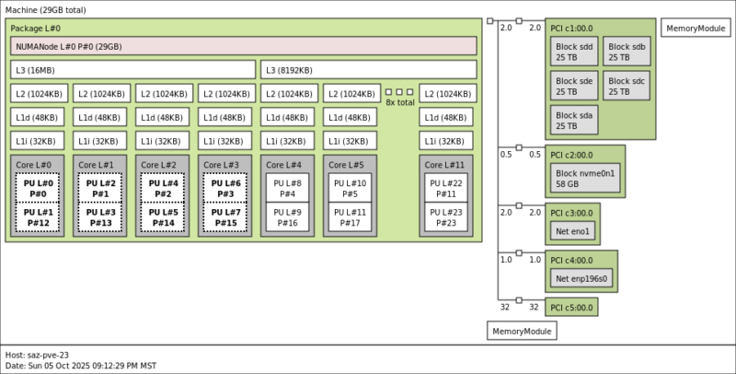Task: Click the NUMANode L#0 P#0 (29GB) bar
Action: (x=244, y=46)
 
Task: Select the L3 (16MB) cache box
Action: (x=133, y=70)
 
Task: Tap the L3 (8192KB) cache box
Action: (x=369, y=70)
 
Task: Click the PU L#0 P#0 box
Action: (x=37, y=188)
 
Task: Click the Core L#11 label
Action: (x=444, y=165)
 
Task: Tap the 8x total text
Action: (x=399, y=102)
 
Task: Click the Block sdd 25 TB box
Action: (x=574, y=52)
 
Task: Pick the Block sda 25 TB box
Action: (x=574, y=120)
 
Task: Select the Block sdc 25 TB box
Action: (x=627, y=86)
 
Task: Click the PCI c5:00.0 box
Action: (x=571, y=307)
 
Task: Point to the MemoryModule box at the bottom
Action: (x=522, y=331)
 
